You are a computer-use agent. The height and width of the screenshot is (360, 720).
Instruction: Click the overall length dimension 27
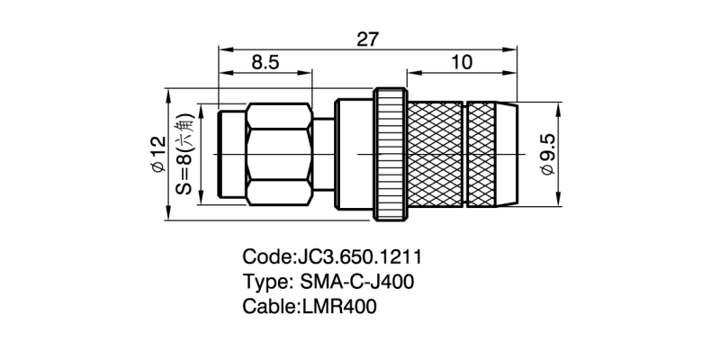pyautogui.click(x=368, y=39)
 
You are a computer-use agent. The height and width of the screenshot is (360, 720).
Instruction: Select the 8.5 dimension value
pyautogui.click(x=265, y=63)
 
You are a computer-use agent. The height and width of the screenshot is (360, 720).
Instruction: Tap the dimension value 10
pyautogui.click(x=462, y=63)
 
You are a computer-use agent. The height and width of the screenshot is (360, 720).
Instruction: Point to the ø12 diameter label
pyautogui.click(x=158, y=154)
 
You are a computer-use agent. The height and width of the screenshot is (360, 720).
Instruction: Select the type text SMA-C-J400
pyautogui.click(x=357, y=282)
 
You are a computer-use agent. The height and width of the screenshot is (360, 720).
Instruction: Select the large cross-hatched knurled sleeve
pyautogui.click(x=435, y=154)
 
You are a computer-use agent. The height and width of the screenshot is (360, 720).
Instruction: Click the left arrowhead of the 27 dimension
pyautogui.click(x=221, y=49)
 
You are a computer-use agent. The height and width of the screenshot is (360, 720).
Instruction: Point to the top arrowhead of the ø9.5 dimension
pyautogui.click(x=558, y=105)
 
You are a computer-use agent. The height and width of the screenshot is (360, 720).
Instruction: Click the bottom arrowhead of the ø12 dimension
pyautogui.click(x=168, y=213)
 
